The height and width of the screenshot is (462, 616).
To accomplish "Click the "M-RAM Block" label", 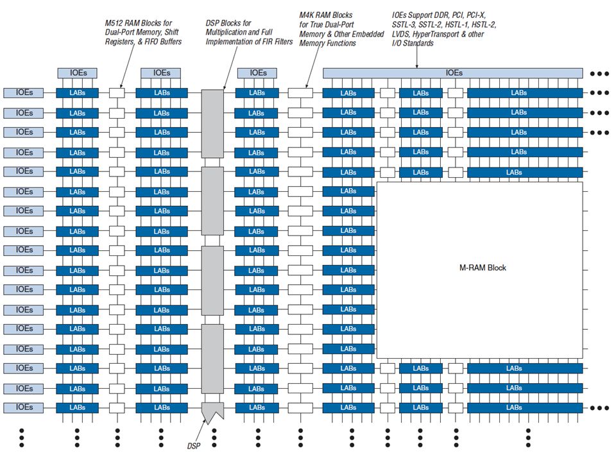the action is [x=483, y=268].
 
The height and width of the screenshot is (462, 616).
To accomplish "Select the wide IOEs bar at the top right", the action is [x=452, y=73].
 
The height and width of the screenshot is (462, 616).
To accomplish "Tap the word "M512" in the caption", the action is [x=114, y=23].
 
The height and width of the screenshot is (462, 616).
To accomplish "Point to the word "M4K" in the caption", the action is [x=307, y=15].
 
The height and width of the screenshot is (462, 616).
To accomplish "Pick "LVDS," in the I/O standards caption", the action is [x=401, y=34].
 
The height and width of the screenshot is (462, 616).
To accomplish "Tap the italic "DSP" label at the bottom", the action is [x=193, y=446].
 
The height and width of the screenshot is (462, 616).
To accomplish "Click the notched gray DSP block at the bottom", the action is [x=212, y=411].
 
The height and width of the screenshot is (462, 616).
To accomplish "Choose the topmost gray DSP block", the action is [x=212, y=124].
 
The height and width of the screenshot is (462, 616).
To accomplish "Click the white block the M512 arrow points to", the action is [x=117, y=93].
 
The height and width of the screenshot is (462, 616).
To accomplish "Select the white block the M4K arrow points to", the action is [x=300, y=93].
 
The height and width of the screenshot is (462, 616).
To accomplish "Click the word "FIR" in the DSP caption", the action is [x=268, y=42].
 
